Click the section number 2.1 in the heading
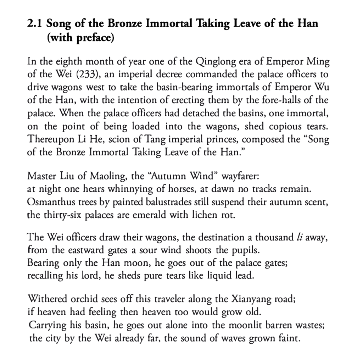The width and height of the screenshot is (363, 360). tap(35, 24)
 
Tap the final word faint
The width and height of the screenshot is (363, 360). tap(290, 337)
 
